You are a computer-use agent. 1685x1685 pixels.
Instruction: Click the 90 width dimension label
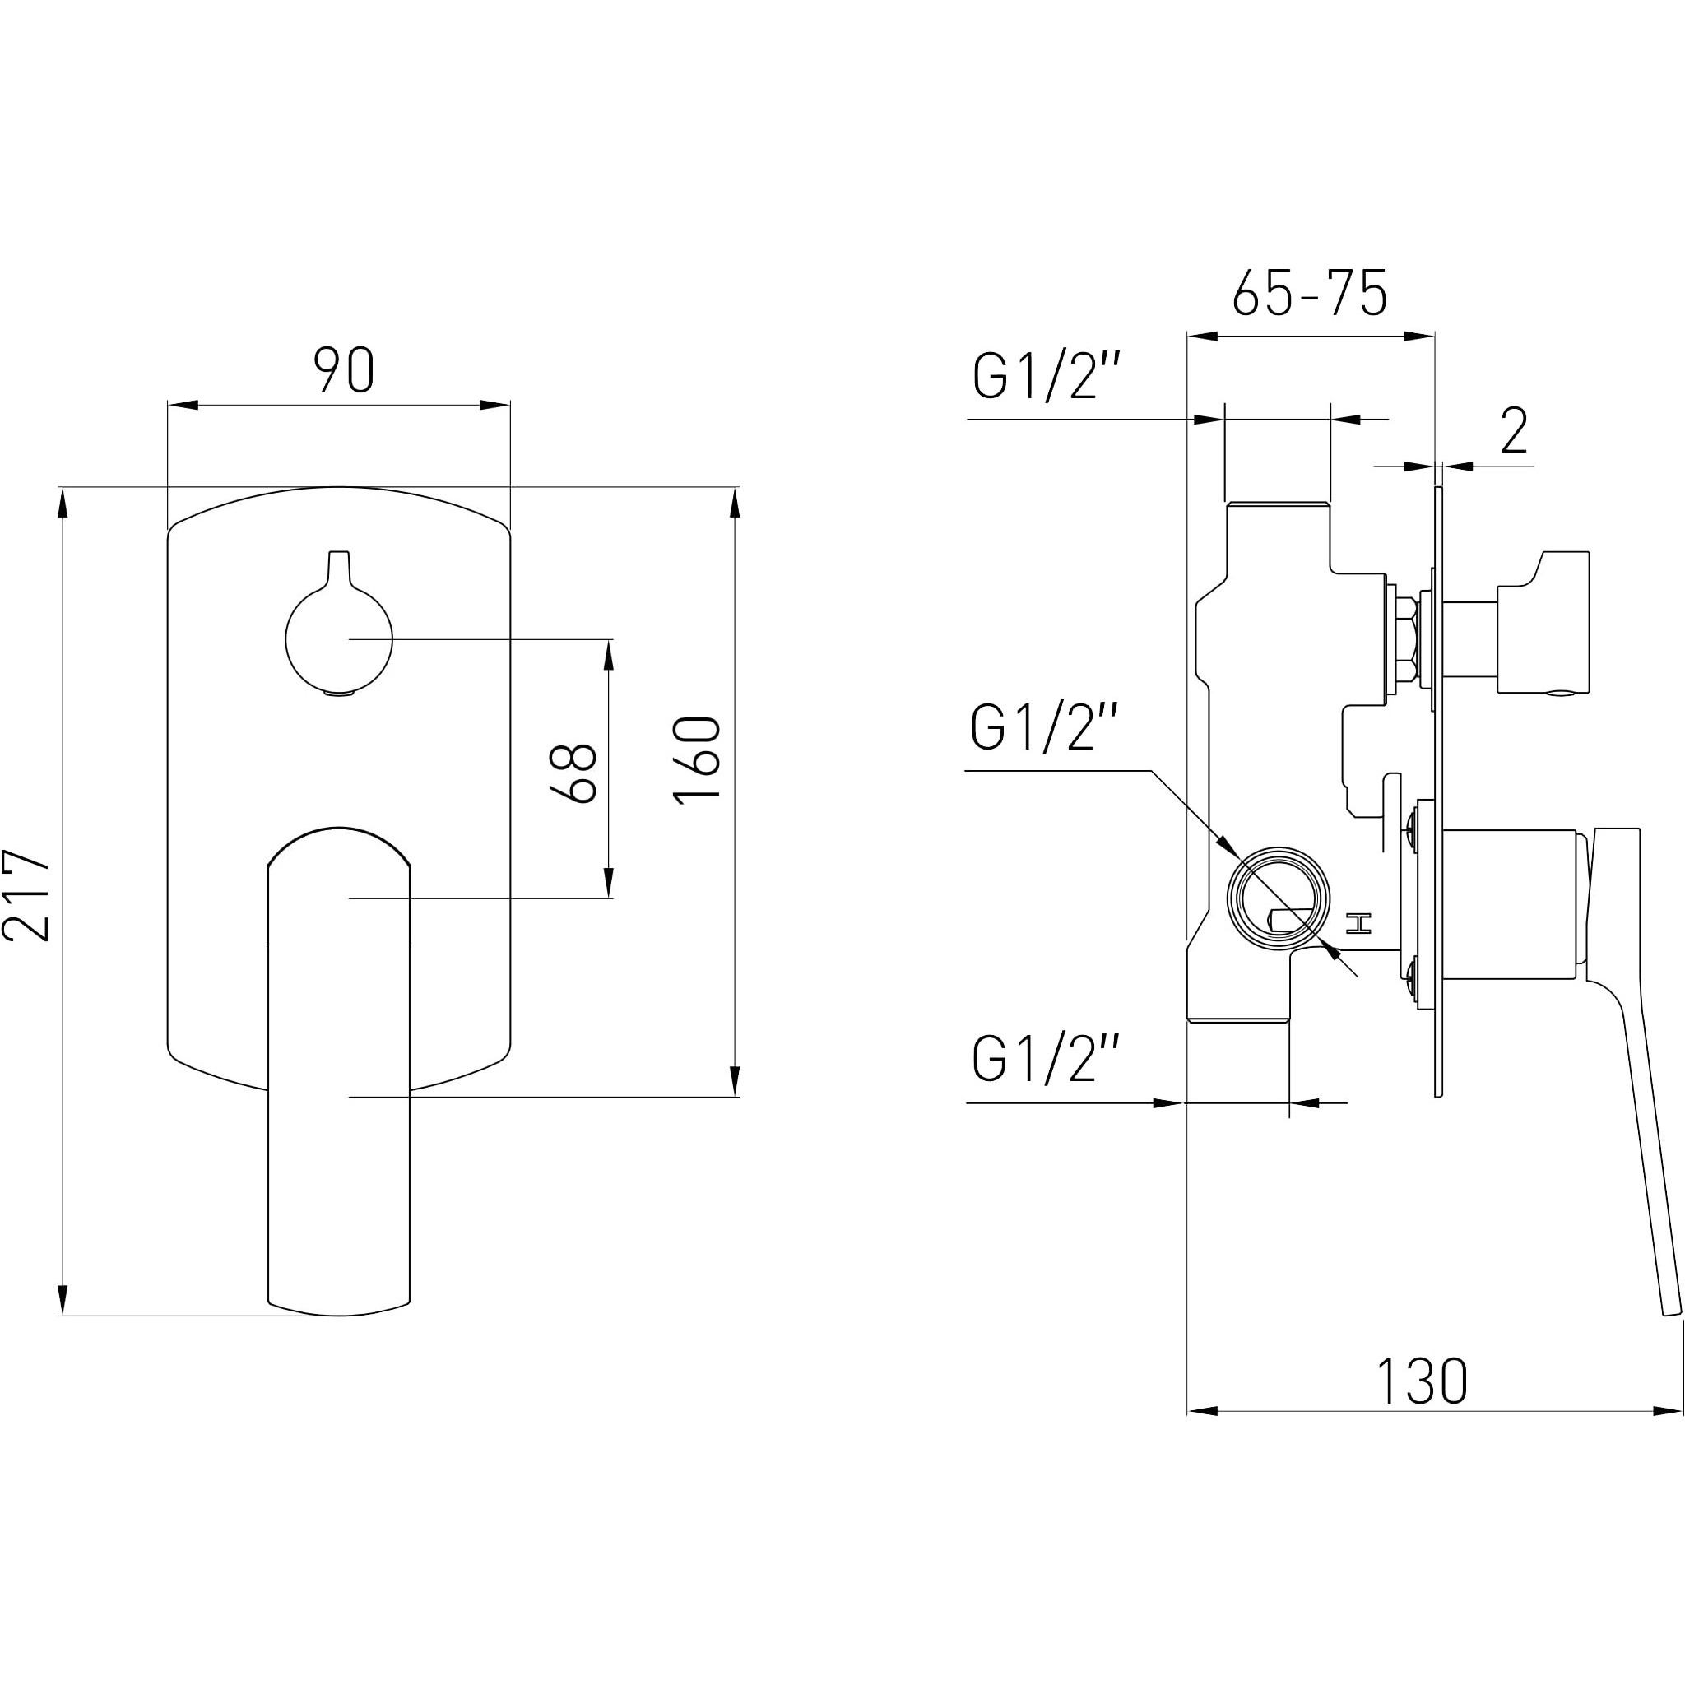pos(345,369)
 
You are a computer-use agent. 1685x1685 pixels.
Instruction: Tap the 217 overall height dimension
pos(26,894)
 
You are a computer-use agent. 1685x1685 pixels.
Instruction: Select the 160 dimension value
pos(697,759)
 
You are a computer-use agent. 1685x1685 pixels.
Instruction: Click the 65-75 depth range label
pos(1309,293)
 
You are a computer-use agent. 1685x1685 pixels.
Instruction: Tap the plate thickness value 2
pos(1514,430)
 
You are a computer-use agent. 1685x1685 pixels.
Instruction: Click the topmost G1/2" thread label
pos(1046,377)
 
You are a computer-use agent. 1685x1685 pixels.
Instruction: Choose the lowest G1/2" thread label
pos(1046,1059)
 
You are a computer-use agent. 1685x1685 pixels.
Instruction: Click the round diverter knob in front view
pos(339,639)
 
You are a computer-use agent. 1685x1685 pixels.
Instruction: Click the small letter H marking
pos(1359,923)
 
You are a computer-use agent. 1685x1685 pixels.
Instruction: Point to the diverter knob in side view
pos(1543,623)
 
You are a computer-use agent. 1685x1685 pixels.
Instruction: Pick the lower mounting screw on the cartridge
pos(1412,971)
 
